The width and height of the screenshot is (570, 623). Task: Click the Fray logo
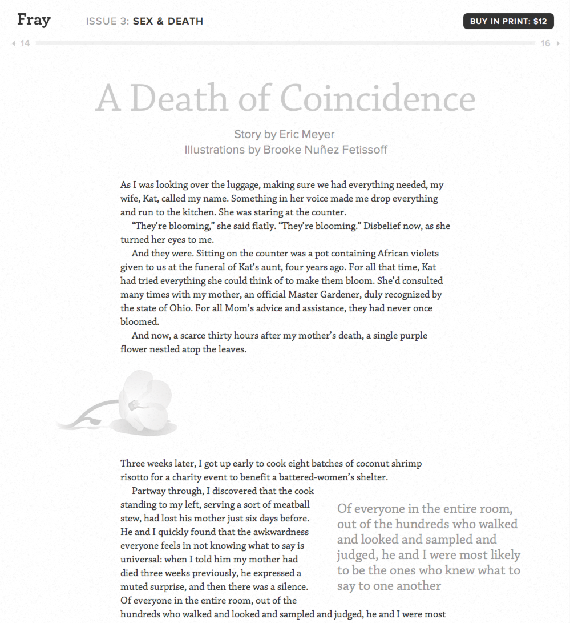point(34,20)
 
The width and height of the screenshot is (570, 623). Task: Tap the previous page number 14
point(25,43)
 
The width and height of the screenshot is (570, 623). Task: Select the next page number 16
point(545,43)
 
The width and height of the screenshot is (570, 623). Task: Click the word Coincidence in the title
point(378,98)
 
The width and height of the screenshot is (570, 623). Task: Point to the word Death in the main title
point(180,98)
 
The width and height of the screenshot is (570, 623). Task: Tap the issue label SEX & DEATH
point(168,22)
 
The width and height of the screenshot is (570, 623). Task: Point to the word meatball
point(292,505)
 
